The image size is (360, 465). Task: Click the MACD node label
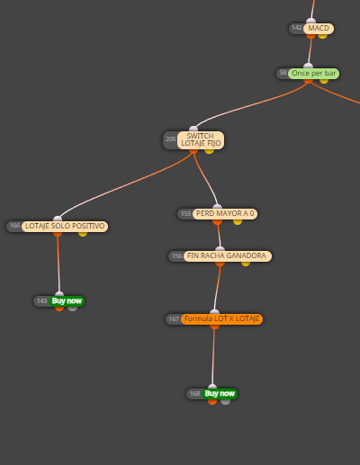[319, 29]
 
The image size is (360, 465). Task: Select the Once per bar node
[313, 74]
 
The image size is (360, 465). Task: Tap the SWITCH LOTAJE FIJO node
[201, 140]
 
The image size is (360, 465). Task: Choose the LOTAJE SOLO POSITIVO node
[65, 226]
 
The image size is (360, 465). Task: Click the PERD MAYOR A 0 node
[225, 214]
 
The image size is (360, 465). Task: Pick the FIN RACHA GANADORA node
[228, 256]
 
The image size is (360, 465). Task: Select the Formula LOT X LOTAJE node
[221, 319]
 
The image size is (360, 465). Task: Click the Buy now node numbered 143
[67, 301]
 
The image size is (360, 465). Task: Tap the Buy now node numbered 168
[220, 394]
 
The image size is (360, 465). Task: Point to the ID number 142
[297, 28]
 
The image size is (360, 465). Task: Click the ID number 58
[283, 73]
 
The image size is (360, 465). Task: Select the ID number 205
[170, 139]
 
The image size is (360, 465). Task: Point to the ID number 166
[15, 226]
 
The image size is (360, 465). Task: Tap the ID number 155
[186, 214]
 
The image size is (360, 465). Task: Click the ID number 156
[177, 256]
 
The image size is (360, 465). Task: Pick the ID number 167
[174, 319]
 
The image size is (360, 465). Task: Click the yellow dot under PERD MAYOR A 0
[238, 222]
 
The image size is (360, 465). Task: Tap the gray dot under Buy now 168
[225, 402]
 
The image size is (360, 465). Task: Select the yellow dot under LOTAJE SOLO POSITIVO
[83, 234]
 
